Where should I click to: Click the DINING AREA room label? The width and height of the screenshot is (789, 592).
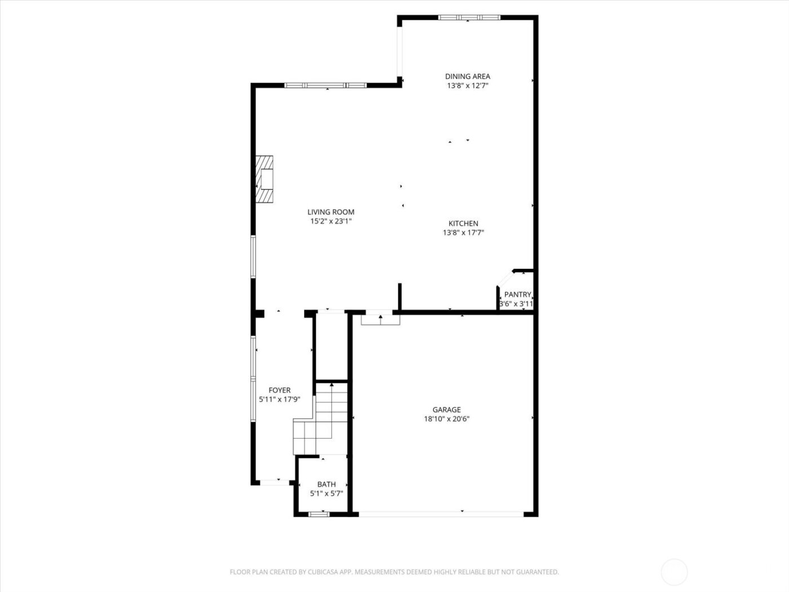(x=467, y=76)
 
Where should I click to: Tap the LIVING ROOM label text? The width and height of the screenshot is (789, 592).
(x=331, y=212)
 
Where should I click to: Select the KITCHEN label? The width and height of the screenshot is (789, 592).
(x=463, y=223)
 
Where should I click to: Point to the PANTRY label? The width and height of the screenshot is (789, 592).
(x=517, y=294)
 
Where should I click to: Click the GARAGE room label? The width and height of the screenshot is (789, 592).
(x=446, y=410)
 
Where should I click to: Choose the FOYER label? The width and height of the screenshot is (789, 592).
(x=280, y=390)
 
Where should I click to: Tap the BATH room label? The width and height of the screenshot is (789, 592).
(x=326, y=484)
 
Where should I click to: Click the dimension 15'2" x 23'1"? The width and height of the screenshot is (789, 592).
(x=331, y=222)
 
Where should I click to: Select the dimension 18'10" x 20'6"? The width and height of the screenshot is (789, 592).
(x=446, y=419)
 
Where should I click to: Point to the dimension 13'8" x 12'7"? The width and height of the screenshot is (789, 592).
(x=467, y=86)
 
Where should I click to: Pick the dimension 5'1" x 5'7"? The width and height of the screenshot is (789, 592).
(x=326, y=493)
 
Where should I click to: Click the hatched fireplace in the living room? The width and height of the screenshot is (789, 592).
(x=265, y=179)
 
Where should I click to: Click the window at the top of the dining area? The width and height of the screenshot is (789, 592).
(x=469, y=17)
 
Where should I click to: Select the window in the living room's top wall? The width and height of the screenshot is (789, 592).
(x=325, y=85)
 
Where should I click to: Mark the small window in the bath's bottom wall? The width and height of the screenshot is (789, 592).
(x=318, y=514)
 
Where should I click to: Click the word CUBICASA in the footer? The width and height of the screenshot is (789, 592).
(x=323, y=572)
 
